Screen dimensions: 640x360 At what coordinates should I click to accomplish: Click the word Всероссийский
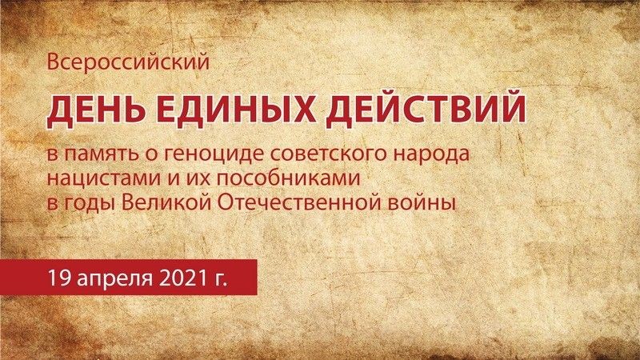128,62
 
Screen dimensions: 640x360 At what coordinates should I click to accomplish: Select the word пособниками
288,178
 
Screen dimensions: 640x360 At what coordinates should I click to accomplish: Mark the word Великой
166,203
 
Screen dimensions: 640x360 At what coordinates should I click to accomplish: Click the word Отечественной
310,203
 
